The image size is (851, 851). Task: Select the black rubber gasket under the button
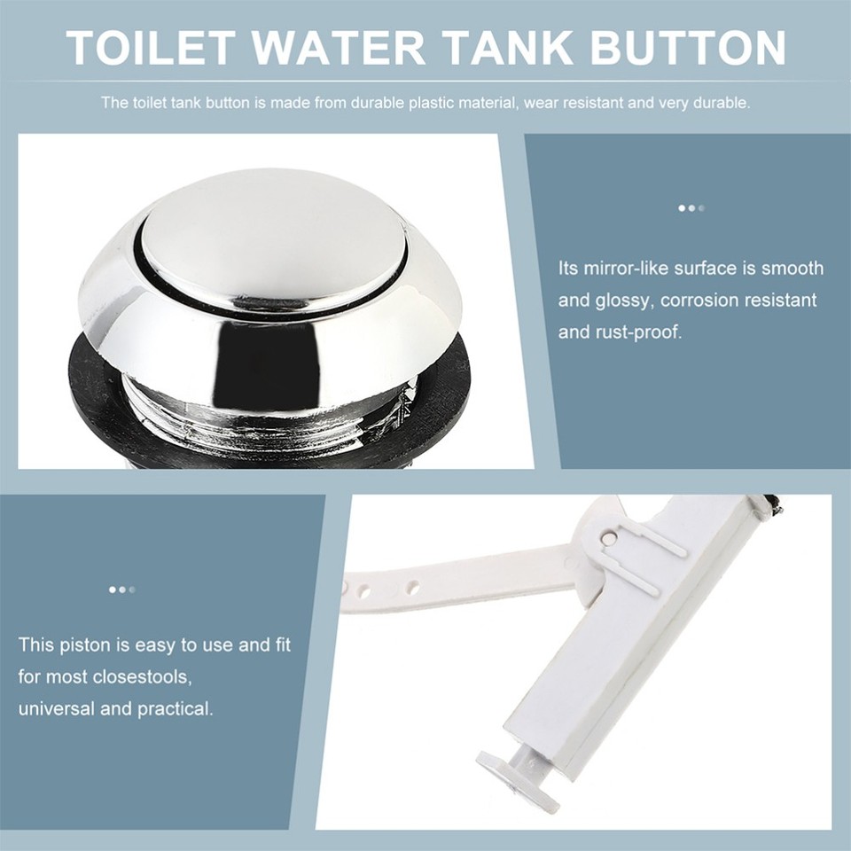(98, 390)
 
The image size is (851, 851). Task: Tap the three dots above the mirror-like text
(691, 208)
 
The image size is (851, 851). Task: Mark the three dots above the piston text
(121, 589)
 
